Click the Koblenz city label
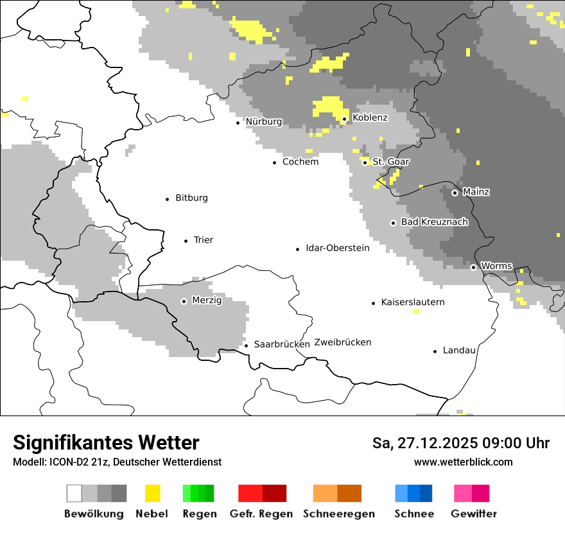(x=370, y=118)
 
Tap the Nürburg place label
(x=263, y=122)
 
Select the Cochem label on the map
(x=300, y=162)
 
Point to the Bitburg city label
(x=191, y=198)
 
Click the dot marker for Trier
(x=186, y=241)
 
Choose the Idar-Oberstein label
(x=337, y=248)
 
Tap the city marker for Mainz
(x=455, y=193)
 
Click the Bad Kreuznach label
(x=434, y=222)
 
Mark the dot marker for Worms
(x=473, y=267)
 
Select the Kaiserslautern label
(x=412, y=302)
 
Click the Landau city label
(x=459, y=351)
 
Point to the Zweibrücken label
(x=342, y=342)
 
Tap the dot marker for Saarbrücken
(x=246, y=345)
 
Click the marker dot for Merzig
(x=184, y=301)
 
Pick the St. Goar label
(x=390, y=162)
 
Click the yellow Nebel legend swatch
(x=152, y=493)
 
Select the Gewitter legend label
(x=473, y=514)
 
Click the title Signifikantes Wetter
(x=106, y=442)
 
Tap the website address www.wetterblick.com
(x=463, y=462)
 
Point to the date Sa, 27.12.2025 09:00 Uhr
(x=460, y=443)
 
